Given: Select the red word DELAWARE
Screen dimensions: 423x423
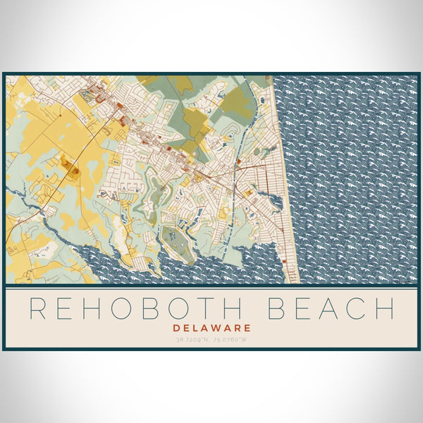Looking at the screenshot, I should coord(211,328).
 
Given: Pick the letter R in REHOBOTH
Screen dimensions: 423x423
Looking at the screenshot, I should coord(38,309).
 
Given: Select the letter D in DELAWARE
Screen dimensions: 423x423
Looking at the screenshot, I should coord(176,328).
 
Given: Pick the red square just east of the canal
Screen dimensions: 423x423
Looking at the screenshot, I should coord(240,161).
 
